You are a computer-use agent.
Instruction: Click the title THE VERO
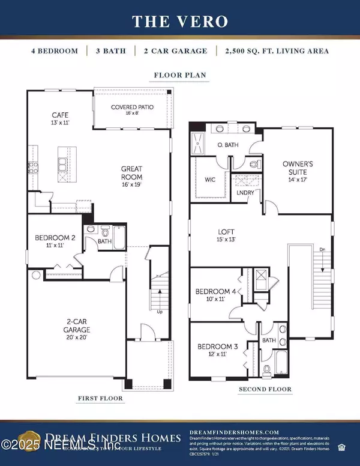pos(179,22)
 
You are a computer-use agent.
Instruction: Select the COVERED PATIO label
pos(132,107)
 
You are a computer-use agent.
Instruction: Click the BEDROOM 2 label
pos(55,238)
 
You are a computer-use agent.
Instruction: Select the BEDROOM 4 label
pos(216,292)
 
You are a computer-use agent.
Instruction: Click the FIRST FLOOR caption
pos(100,398)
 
